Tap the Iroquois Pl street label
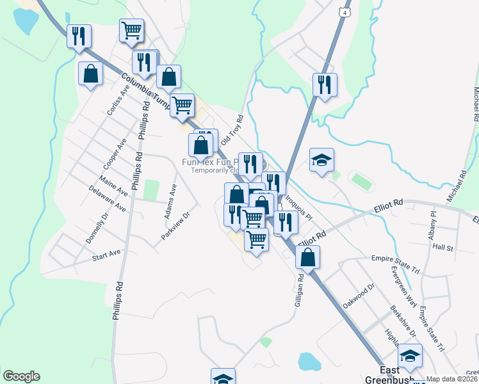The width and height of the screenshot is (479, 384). pos(299,209)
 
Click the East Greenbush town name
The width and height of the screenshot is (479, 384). pos(391,375)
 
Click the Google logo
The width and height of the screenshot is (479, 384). pos(21,376)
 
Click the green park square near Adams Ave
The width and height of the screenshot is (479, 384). pos(151,189)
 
